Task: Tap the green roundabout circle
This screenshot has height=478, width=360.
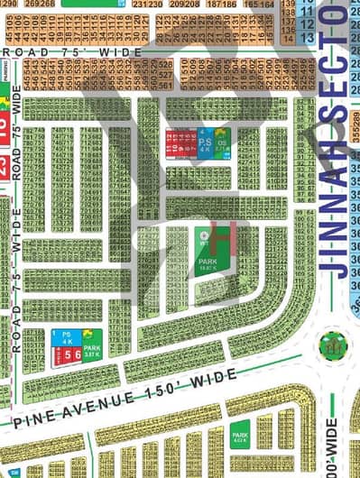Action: pyautogui.click(x=331, y=345)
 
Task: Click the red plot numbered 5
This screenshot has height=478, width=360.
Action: pyautogui.click(x=66, y=354)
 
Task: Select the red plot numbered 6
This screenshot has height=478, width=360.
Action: pyautogui.click(x=77, y=354)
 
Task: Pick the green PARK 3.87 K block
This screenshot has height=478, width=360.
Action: pyautogui.click(x=92, y=344)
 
